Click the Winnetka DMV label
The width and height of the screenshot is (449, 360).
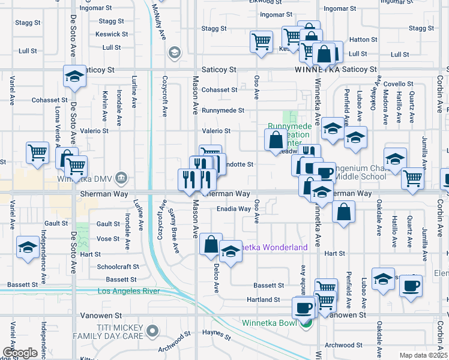pos(85,179)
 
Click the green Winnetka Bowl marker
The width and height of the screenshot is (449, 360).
pos(307,324)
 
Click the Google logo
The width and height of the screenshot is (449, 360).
pos(19,352)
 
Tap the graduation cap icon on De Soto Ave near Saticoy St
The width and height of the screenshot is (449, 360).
pos(74,77)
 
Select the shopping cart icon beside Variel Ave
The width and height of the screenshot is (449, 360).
pos(37,152)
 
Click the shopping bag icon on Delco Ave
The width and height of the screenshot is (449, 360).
pos(211,244)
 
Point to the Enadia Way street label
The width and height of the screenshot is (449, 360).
pos(234,209)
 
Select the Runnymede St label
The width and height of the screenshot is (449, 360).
pos(223,110)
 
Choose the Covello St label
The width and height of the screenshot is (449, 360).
pos(399,84)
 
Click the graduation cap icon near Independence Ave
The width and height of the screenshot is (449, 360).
pos(28,248)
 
